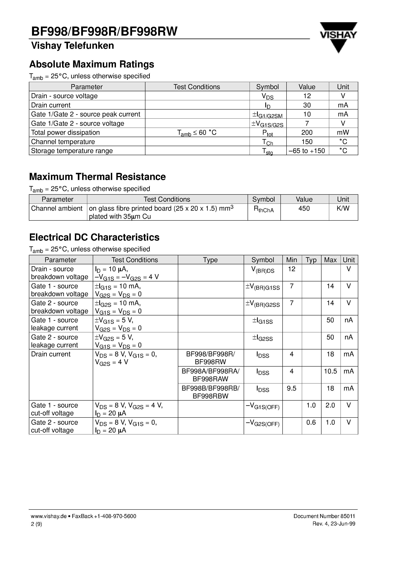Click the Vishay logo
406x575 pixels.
tap(338, 37)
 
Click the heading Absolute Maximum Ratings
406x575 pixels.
tap(92, 64)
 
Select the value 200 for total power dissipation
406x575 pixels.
tap(307, 133)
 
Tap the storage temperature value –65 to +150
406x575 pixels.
tap(307, 151)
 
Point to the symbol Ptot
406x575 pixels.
tap(267, 133)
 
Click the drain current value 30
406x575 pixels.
tap(307, 105)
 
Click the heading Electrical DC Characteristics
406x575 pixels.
tap(94, 237)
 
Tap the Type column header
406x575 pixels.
tap(210, 260)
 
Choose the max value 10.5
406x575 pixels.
tap(330, 371)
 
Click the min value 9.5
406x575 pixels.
tap(291, 388)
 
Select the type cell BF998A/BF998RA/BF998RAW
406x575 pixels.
tap(210, 375)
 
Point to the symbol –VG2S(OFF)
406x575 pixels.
tap(263, 423)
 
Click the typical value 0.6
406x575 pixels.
tap(311, 422)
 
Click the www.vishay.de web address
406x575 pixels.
tap(49, 516)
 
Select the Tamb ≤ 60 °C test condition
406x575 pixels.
tap(197, 133)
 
